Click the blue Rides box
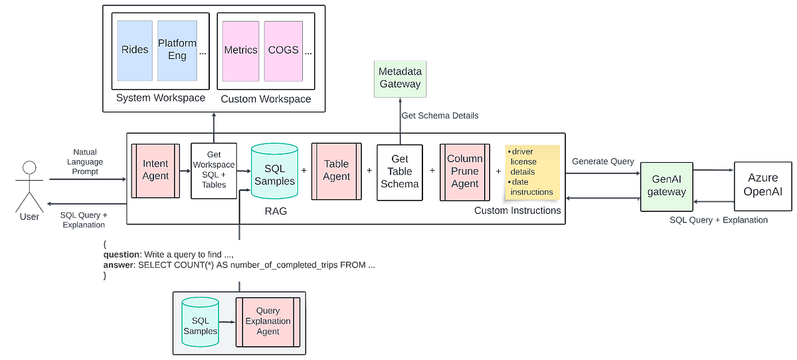tap(135, 50)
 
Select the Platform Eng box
tap(177, 50)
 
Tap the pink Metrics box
tap(240, 50)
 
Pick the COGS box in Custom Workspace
tap(283, 50)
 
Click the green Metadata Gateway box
tap(400, 78)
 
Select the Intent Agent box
tap(155, 171)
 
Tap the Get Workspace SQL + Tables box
tap(213, 171)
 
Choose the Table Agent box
tap(336, 171)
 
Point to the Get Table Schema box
tap(400, 171)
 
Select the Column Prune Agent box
tap(464, 171)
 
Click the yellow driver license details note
tap(532, 172)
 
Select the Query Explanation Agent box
tap(268, 321)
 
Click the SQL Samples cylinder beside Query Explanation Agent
tap(200, 321)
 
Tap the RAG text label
tap(274, 211)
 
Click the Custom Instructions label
tap(517, 211)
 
